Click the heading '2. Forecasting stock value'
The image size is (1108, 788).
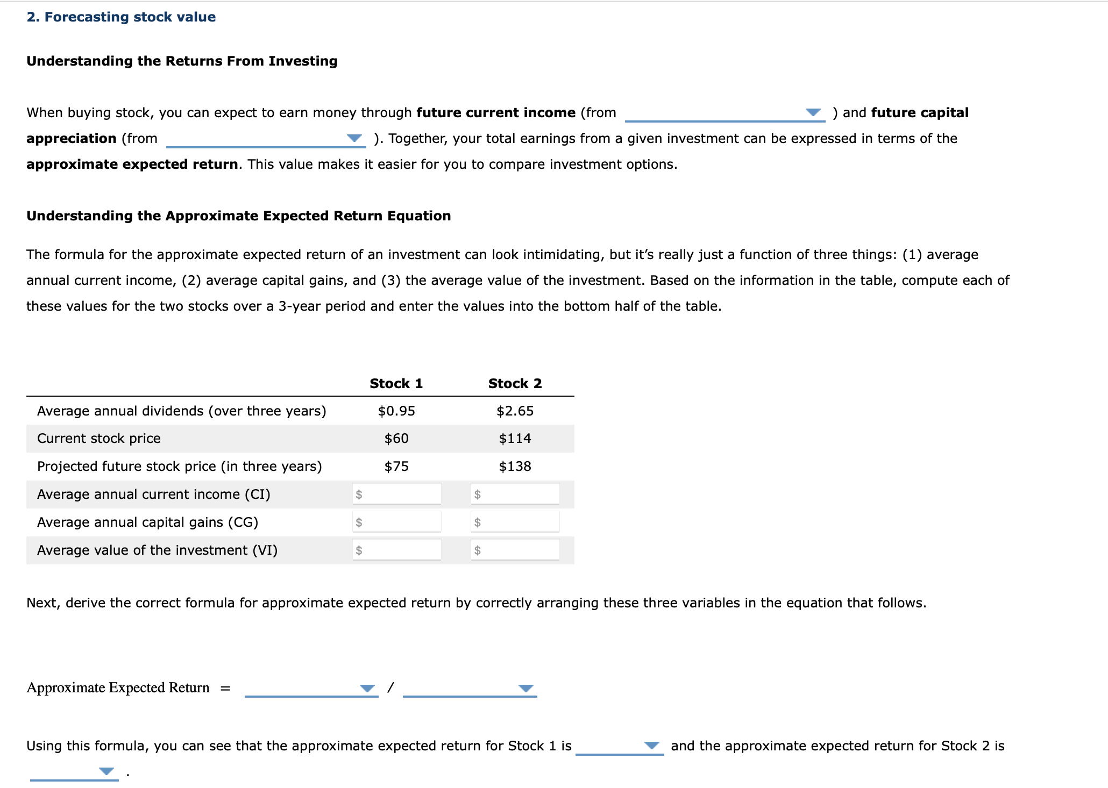pos(121,17)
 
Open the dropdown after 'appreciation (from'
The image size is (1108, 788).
pos(265,139)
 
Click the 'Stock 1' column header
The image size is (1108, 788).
pos(396,383)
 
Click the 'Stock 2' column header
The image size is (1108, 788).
pos(515,383)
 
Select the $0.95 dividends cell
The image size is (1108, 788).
pos(396,411)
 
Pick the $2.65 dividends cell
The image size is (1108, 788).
pos(515,411)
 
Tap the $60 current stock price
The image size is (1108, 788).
pos(396,439)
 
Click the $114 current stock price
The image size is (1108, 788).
pos(515,439)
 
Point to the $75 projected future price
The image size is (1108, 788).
pos(396,467)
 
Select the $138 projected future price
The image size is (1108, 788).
pos(515,467)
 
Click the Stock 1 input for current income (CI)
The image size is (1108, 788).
pos(401,494)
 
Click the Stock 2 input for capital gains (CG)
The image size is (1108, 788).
pos(519,522)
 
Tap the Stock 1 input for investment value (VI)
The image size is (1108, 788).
pos(401,550)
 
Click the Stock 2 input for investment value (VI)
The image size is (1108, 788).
pos(519,550)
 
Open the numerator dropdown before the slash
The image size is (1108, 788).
pos(311,688)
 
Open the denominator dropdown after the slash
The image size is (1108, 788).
pos(470,688)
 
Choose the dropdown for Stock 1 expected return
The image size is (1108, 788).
pos(619,746)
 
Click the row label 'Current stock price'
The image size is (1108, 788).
pos(99,439)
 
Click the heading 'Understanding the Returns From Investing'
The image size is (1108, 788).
pos(182,61)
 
